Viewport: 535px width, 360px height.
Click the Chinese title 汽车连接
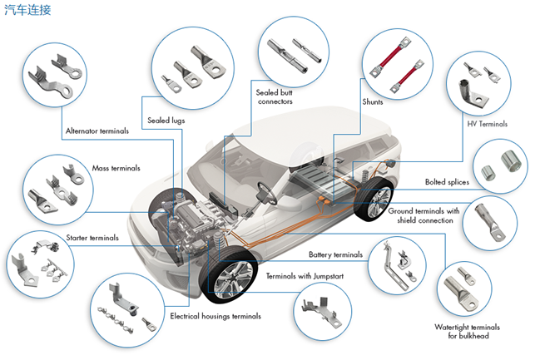tap(27, 9)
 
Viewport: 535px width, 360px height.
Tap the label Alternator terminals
tap(97, 131)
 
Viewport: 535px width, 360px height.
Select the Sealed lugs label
tap(166, 121)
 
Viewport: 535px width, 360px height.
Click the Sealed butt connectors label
tap(275, 96)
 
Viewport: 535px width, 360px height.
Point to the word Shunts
tap(373, 102)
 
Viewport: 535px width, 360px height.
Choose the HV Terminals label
tap(488, 124)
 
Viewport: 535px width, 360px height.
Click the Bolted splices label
tap(447, 182)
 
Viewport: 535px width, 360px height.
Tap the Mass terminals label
tap(116, 168)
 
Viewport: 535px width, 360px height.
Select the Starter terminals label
tap(92, 238)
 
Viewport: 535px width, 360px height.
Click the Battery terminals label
tap(336, 254)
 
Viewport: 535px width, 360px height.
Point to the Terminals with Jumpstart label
tap(305, 276)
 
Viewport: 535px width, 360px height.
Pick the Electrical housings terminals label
tap(215, 317)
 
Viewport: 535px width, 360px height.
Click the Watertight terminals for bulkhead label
tap(467, 332)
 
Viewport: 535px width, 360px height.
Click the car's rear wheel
tap(374, 200)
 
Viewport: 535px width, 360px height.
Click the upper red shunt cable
tap(390, 57)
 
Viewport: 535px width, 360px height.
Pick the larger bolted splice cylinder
tap(511, 160)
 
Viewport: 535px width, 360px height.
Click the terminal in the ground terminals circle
tap(489, 221)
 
